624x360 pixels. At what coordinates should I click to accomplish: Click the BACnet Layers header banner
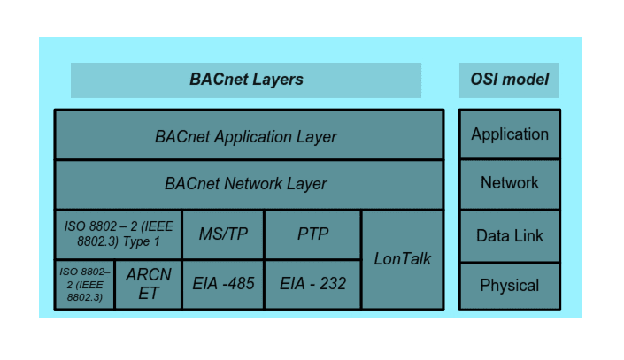(246, 80)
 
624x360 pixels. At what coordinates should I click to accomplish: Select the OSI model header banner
(509, 80)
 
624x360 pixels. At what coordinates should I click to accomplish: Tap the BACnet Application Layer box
(249, 135)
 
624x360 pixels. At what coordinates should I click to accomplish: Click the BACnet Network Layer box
(249, 184)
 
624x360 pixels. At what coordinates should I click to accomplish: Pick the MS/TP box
(223, 234)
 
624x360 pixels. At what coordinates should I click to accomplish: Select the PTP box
(312, 234)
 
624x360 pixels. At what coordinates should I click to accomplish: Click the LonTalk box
(403, 259)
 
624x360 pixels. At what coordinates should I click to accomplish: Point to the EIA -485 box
(223, 284)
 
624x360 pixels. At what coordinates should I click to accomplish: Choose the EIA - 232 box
(312, 284)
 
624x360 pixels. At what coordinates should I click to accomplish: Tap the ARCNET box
(148, 284)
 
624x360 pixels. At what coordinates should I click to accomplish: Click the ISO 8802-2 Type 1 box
(118, 234)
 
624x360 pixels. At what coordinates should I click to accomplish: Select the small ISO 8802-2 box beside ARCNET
(85, 284)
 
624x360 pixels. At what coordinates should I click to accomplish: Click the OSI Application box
(509, 134)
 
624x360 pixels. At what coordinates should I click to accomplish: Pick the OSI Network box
(509, 183)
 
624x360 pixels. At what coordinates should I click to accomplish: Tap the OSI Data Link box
(509, 235)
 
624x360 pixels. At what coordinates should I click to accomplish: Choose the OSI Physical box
(509, 285)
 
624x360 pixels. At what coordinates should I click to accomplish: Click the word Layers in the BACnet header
(274, 80)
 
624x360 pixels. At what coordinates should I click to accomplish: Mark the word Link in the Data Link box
(528, 235)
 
